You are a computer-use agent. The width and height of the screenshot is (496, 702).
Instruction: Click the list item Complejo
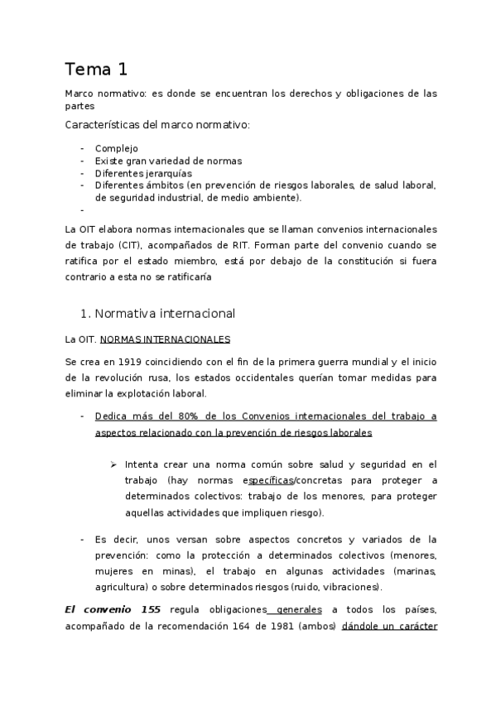pos(116,148)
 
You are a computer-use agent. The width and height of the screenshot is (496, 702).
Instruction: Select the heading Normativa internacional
pos(166,314)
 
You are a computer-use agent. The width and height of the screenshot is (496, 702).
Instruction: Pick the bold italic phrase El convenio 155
pos(113,609)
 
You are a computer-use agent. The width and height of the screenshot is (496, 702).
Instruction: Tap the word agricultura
pos(125,586)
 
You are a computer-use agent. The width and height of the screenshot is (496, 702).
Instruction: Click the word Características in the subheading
pos(101,125)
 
